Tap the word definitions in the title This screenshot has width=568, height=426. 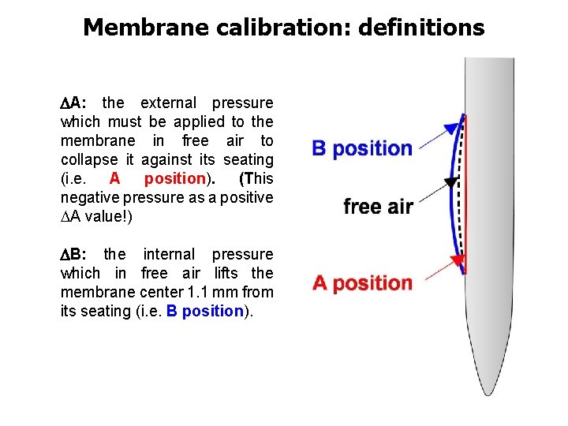coord(421,28)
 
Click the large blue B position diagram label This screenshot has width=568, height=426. coord(362,148)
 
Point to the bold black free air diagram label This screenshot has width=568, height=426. coord(378,207)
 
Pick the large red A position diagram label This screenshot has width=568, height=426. coord(362,282)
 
